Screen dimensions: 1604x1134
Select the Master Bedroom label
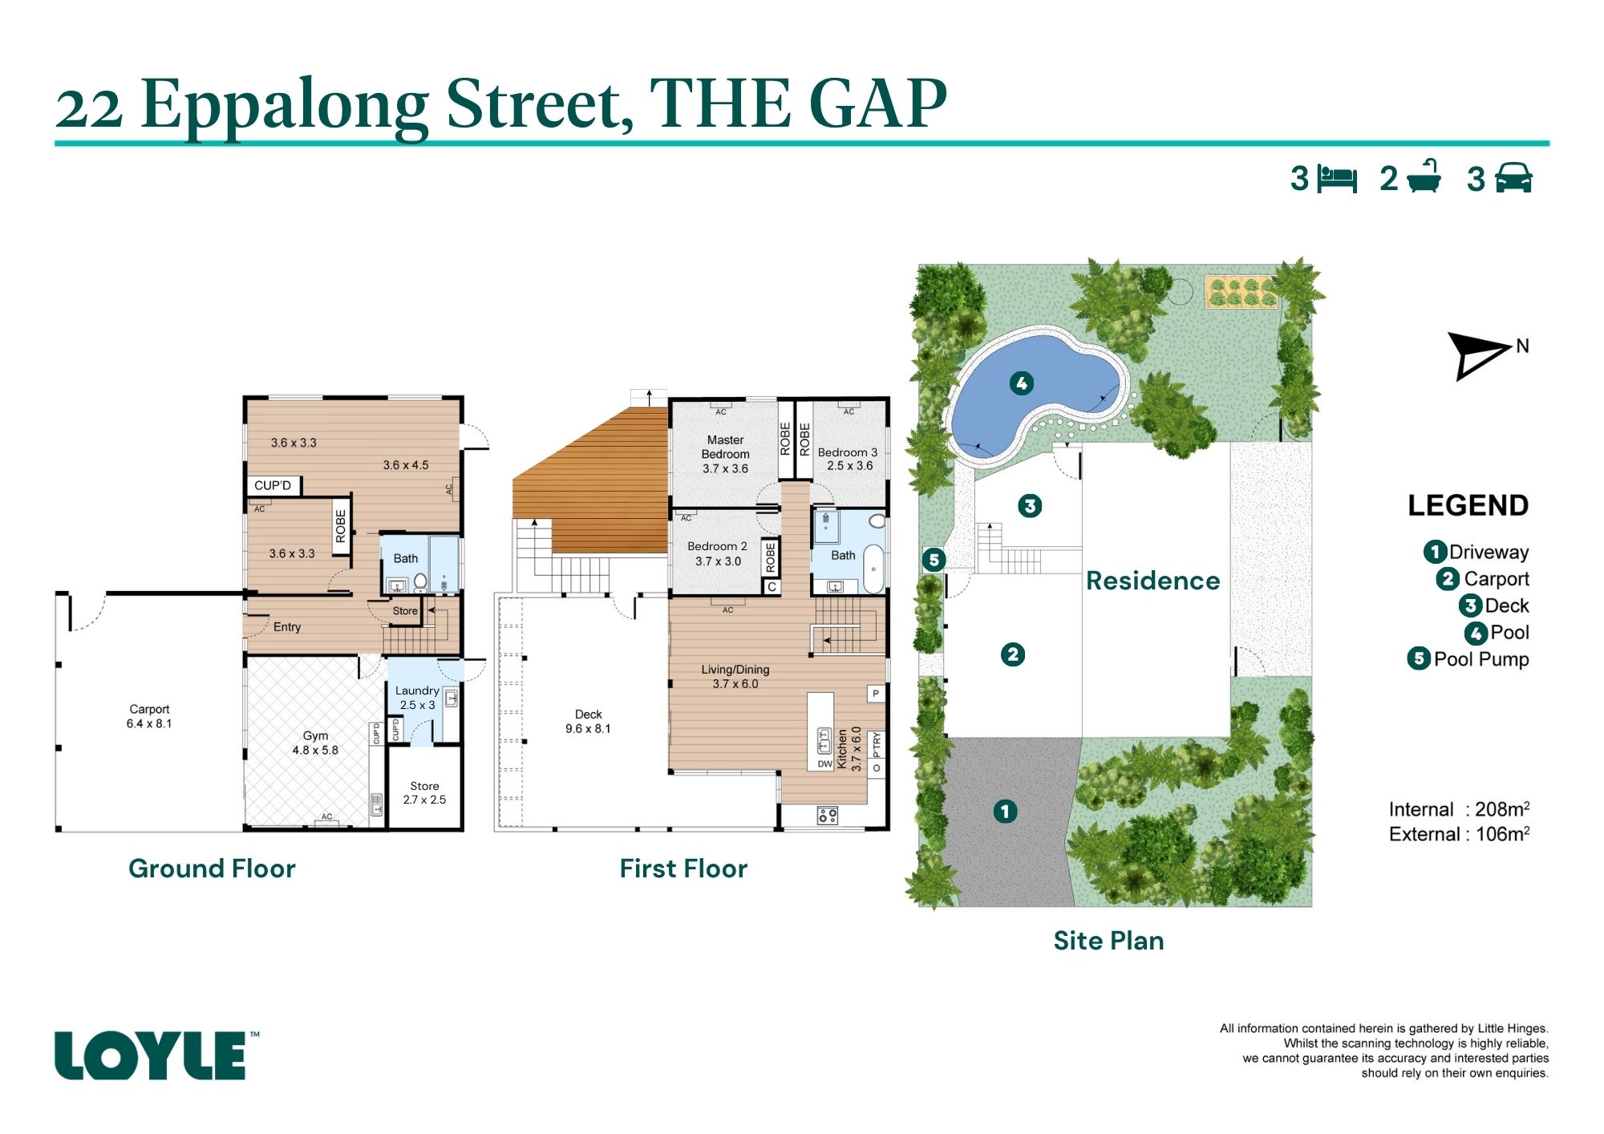725,454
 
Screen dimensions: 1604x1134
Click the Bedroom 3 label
848,459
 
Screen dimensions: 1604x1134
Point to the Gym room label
315,743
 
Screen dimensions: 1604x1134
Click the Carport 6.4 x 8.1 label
149,716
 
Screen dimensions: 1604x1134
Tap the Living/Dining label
735,676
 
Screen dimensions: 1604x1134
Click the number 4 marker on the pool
1021,383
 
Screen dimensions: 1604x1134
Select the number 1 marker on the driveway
1005,811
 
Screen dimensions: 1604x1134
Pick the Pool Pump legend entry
1468,659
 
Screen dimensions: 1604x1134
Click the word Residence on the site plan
1152,581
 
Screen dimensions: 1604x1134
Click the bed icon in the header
1337,179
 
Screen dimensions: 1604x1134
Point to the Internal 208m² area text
1459,809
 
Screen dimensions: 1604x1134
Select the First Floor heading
683,869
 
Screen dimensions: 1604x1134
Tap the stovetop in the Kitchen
828,816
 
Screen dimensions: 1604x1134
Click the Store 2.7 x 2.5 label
424,793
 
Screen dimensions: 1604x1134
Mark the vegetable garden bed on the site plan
1240,292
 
